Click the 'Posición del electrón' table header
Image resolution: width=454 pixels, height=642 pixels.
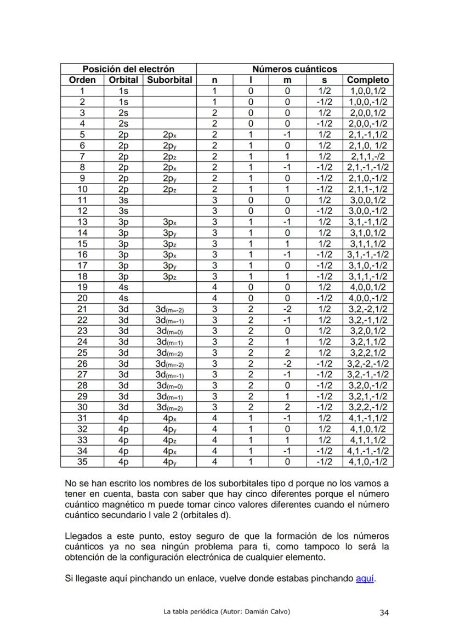point(128,69)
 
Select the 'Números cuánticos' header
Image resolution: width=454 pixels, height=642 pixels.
point(294,69)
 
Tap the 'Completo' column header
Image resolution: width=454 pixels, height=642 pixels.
point(368,80)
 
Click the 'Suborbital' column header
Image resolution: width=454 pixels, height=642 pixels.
point(169,80)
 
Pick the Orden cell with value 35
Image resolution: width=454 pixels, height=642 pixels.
point(82,462)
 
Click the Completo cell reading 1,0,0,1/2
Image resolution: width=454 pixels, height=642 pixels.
point(368,91)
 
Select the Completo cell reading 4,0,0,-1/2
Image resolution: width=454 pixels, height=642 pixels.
point(368,298)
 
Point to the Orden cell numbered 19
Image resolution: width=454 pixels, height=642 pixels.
point(82,287)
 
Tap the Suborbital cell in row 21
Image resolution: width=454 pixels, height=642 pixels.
point(169,309)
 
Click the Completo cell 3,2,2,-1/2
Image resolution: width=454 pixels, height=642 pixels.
point(368,407)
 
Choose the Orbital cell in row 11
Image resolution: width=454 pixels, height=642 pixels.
point(123,200)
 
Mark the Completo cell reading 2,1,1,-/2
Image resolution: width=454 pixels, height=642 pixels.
point(368,156)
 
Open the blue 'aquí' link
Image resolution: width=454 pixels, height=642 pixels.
point(365,578)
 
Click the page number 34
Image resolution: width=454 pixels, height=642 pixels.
point(384,613)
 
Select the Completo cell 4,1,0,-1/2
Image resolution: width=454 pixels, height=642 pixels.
point(368,462)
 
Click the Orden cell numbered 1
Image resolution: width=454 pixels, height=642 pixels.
point(82,91)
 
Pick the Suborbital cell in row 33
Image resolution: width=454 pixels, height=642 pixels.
point(169,440)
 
